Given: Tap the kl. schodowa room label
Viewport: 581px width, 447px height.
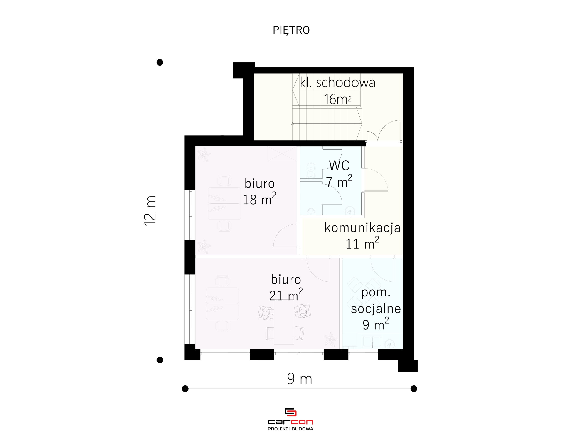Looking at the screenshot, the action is pyautogui.click(x=337, y=82).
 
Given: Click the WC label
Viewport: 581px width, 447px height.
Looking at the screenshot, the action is pyautogui.click(x=339, y=165).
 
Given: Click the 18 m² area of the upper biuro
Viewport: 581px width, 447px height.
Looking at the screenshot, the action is pyautogui.click(x=259, y=199).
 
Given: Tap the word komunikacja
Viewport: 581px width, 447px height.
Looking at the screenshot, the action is pyautogui.click(x=362, y=228).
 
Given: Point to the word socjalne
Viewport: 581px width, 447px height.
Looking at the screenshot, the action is pyautogui.click(x=376, y=309).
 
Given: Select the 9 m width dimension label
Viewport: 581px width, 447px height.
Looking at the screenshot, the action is pyautogui.click(x=300, y=379).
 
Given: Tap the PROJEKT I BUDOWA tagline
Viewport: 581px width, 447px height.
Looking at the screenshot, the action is pyautogui.click(x=290, y=429).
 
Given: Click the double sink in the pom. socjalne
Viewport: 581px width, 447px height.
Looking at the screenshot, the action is pyautogui.click(x=372, y=342).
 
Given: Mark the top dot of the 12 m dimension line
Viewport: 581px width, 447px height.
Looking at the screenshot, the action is pyautogui.click(x=160, y=62).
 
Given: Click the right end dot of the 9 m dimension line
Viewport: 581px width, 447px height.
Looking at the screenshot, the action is pyautogui.click(x=414, y=389).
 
